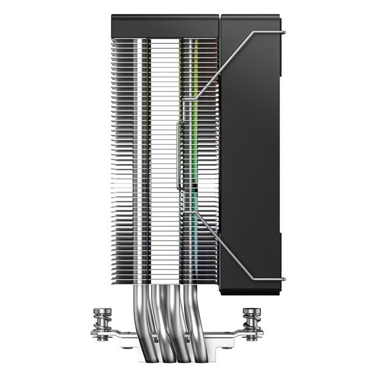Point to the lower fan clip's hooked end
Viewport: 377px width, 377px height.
coord(282,281)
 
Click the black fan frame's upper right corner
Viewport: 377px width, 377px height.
coord(277,22)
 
